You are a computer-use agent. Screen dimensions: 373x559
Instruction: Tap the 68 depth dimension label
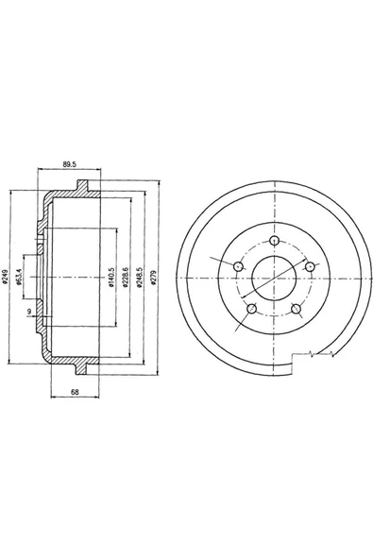[75, 392]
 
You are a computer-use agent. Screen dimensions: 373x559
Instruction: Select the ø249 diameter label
[5, 277]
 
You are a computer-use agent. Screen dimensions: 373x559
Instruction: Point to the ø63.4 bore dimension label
[20, 277]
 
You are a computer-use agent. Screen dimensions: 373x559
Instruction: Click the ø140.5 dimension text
[110, 278]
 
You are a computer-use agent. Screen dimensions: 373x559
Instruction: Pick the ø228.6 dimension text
[125, 277]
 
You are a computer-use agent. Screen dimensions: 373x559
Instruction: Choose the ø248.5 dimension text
[140, 277]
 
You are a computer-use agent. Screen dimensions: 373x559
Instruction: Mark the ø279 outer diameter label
[153, 277]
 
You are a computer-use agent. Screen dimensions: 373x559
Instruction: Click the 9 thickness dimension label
[29, 312]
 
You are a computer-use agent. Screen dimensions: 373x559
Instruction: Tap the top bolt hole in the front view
[275, 241]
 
